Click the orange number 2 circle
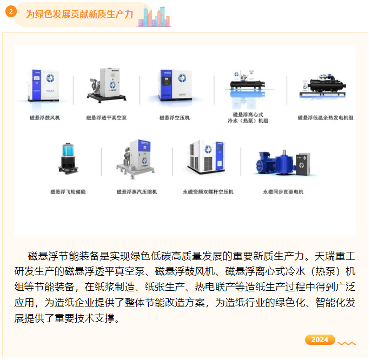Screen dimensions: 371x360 point(11,11)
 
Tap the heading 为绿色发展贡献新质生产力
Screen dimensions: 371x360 point(79,14)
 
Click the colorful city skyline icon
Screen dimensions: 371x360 point(154,17)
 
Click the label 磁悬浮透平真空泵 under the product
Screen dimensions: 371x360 point(107,117)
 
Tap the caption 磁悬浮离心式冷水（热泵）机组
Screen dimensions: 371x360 point(248,117)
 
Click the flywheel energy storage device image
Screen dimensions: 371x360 point(68,158)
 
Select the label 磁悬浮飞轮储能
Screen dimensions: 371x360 point(68,191)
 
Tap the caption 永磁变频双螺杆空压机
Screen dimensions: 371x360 point(208,191)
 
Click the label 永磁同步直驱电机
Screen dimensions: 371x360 point(283,191)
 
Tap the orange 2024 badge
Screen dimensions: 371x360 point(320,339)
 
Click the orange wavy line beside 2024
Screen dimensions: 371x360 point(347,343)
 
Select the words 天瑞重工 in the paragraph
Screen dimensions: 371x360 point(335,256)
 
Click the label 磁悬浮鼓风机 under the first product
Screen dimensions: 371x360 point(45,117)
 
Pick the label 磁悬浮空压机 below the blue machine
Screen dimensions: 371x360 point(175,117)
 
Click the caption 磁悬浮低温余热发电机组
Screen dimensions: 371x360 point(326,117)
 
